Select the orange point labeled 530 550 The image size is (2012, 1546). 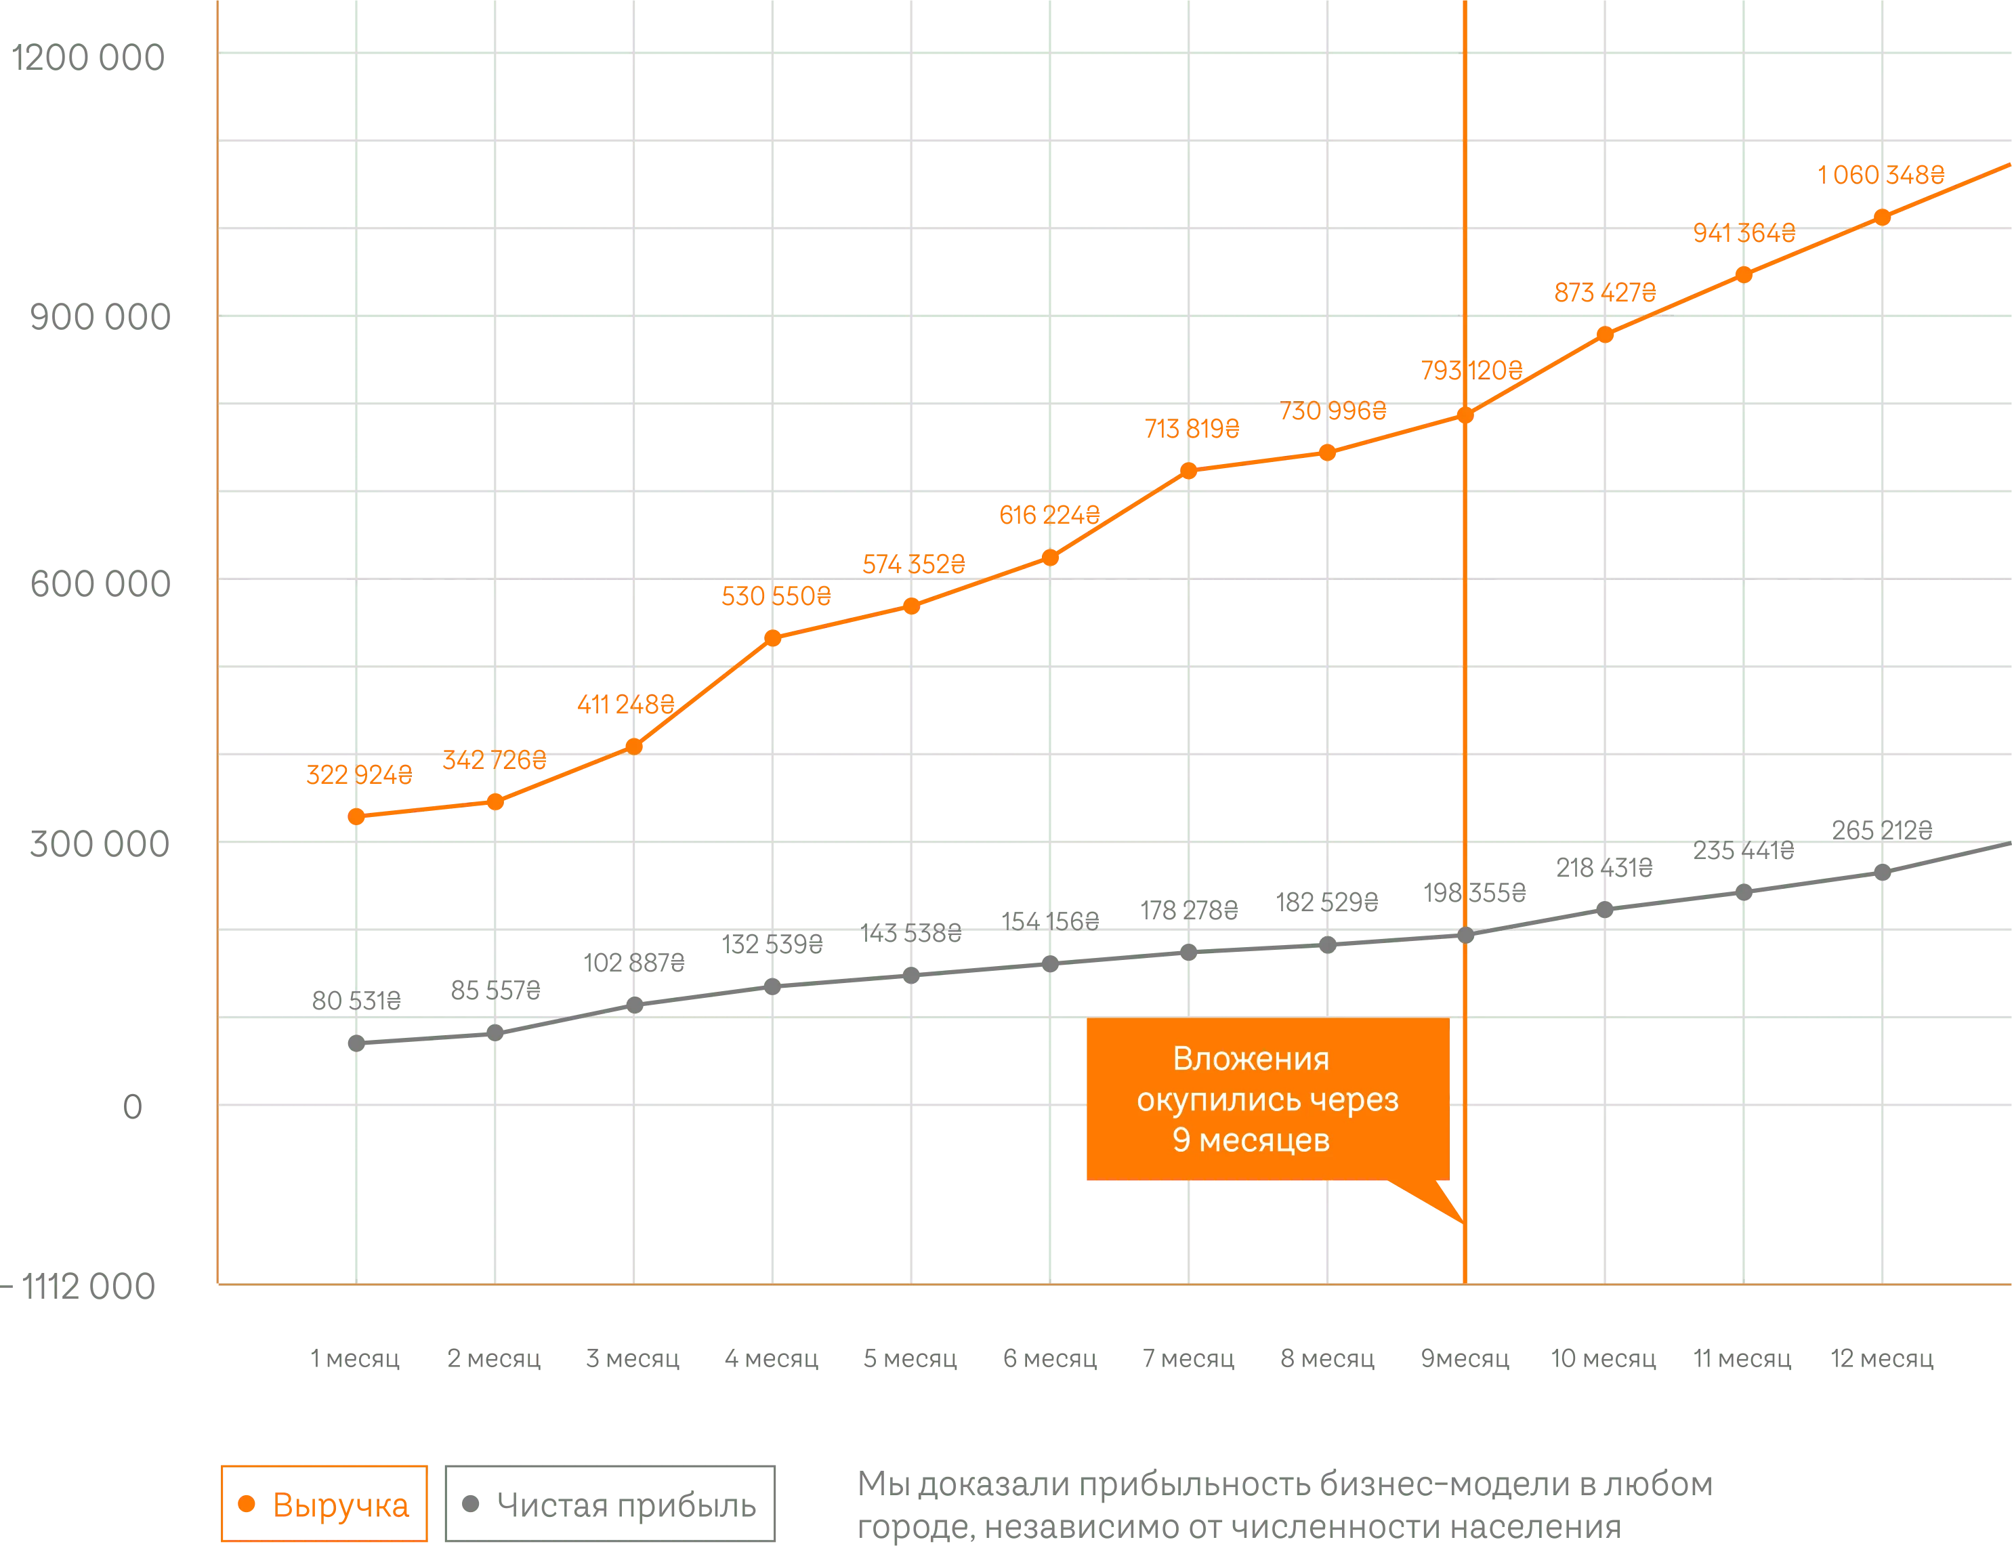coord(773,638)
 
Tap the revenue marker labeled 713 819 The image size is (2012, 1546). coord(1189,470)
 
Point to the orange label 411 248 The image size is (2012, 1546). coord(625,705)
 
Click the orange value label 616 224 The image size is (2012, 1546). coord(1049,516)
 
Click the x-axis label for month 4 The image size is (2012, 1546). coord(770,1359)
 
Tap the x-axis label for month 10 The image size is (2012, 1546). coord(1604,1359)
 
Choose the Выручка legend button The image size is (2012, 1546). coord(323,1505)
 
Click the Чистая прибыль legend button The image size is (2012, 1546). coord(612,1505)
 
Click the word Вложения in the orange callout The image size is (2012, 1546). coord(1251,1059)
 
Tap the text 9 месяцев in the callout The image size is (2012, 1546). coord(1251,1140)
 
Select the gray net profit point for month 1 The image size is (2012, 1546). coord(356,1043)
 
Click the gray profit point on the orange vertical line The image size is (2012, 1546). coord(1465,936)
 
